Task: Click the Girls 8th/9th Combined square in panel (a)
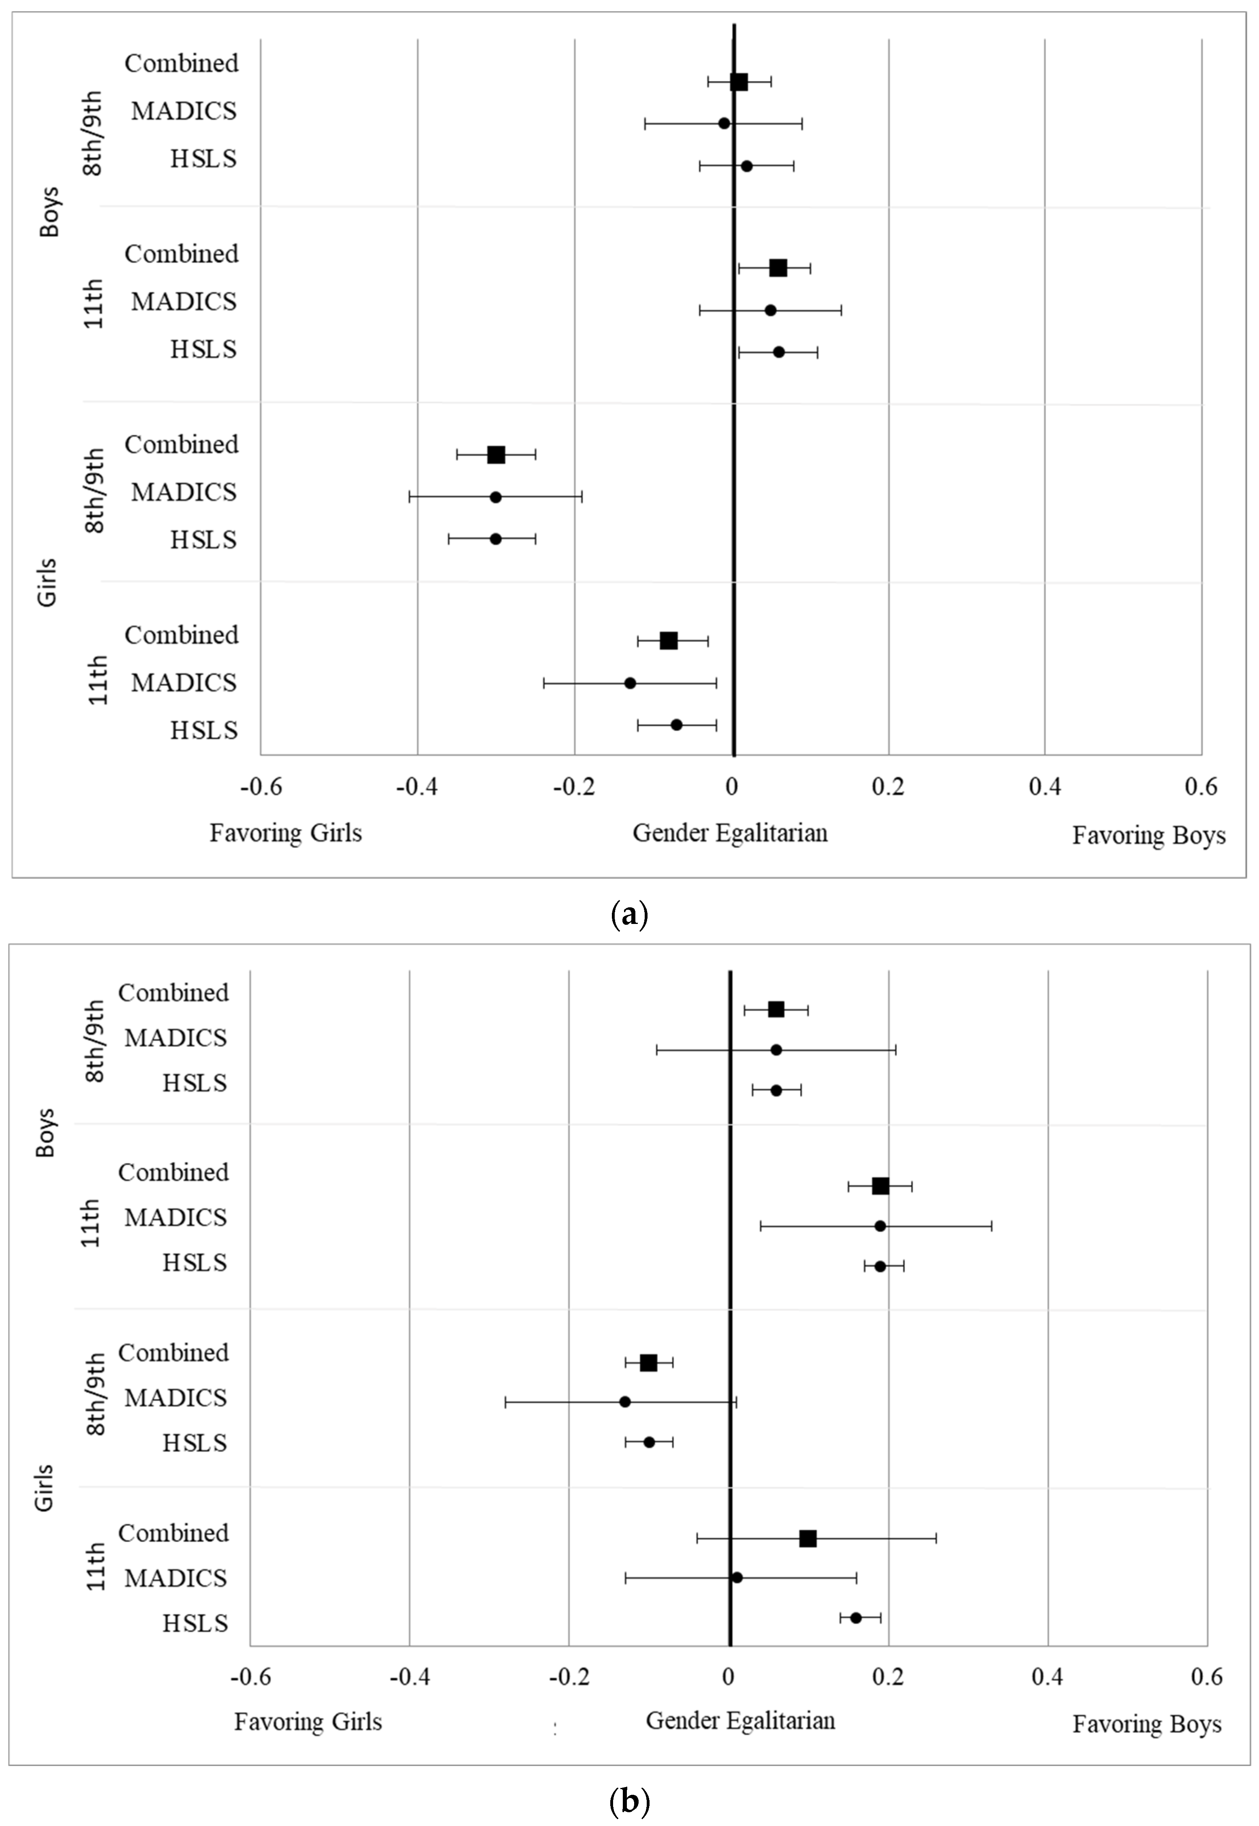[496, 455]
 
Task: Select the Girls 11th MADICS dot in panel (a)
[630, 683]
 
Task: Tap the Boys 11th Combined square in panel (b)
[881, 1186]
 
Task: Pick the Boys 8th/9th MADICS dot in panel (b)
[776, 1050]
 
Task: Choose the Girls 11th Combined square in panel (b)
[808, 1538]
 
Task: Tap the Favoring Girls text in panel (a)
[286, 833]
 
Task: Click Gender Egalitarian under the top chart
[730, 833]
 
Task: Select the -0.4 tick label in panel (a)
[417, 788]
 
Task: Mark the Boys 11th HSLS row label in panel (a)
[203, 349]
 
